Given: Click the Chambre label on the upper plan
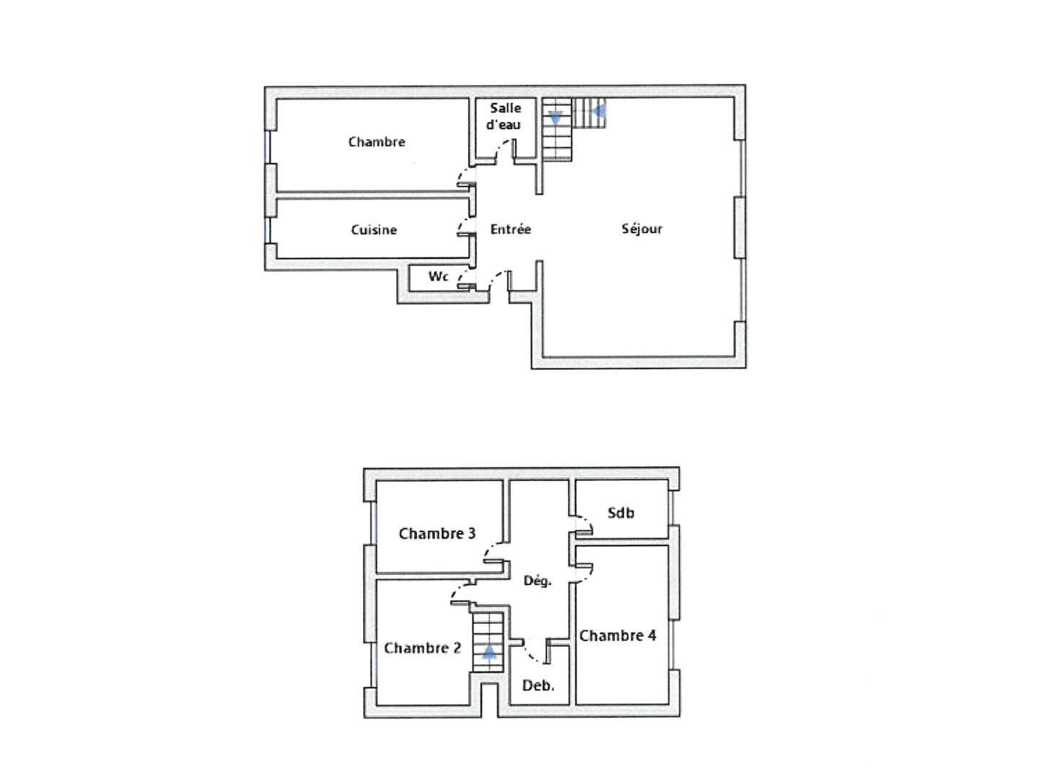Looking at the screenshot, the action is pos(377,141).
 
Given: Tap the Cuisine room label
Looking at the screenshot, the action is pos(374,230).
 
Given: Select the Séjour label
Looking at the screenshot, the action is pos(641,229).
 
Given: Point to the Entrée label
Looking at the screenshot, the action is pos(510,229).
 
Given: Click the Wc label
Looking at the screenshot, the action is pos(438,276).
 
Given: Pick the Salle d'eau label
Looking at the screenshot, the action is pos(505,116).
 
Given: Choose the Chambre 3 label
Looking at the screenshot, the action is pos(437,534).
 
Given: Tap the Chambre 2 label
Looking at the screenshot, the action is pos(422,648).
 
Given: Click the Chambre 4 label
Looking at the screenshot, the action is pos(618,635).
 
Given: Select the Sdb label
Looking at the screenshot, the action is pos(621,512).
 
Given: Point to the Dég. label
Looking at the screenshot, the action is pos(538,581).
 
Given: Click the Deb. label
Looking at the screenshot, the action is pos(538,685).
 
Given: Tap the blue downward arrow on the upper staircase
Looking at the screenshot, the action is pos(556,117).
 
